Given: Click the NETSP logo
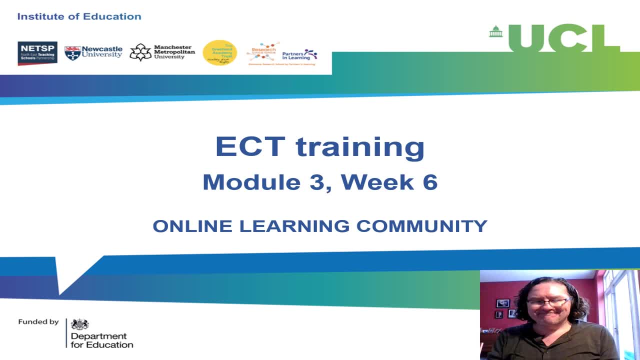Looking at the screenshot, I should pos(37,53).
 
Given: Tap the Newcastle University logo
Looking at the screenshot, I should pos(93,52).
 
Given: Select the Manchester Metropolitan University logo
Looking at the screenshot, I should pos(162,52).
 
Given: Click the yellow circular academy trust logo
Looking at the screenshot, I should pos(219,52).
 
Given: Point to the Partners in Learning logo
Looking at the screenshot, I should pos(299,54).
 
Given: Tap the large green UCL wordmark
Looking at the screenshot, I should pos(564,38).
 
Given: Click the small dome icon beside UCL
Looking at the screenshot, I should pos(495,31).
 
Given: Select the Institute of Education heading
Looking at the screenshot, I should pos(79,16).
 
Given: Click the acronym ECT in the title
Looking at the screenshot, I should pos(250,147).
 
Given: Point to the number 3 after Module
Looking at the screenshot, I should pos(316,182).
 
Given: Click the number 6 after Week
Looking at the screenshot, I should pos(429,182).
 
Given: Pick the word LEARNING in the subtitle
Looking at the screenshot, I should pos(294,226).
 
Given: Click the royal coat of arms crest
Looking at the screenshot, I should pos(80,324).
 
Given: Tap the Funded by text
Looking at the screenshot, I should pos(38,322).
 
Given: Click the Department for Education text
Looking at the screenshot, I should pos(101,340).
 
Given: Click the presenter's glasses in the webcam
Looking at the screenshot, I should pos(549,302).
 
